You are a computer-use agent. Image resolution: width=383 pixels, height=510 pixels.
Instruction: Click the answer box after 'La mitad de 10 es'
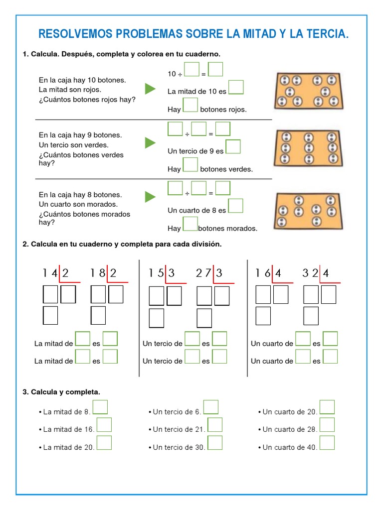pos(236,88)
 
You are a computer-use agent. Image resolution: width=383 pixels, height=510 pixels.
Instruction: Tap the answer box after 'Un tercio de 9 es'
pos(233,147)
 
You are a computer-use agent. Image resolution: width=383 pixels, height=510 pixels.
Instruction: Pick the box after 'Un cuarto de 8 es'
pos(235,206)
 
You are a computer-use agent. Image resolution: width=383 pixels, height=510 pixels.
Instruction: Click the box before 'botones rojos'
pos(191,105)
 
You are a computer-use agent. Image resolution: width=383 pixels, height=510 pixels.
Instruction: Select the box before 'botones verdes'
pos(191,165)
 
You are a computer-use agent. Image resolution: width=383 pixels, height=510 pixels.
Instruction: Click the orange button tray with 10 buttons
pos(308,90)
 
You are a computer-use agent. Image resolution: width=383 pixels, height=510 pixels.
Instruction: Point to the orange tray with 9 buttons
pos(308,148)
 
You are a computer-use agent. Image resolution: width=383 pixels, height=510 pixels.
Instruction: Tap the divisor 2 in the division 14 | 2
pos(65,273)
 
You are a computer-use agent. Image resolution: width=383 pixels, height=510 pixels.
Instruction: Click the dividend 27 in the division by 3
pos(203,273)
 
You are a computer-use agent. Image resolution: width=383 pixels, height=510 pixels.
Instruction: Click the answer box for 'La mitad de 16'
pos(104,425)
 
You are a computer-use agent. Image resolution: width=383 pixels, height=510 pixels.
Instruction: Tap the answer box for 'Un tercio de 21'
pos(215,425)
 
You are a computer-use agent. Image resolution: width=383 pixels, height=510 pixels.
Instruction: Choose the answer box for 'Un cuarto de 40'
pos(327,443)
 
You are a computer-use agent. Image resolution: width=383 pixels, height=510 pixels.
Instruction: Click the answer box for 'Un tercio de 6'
pos(211,407)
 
